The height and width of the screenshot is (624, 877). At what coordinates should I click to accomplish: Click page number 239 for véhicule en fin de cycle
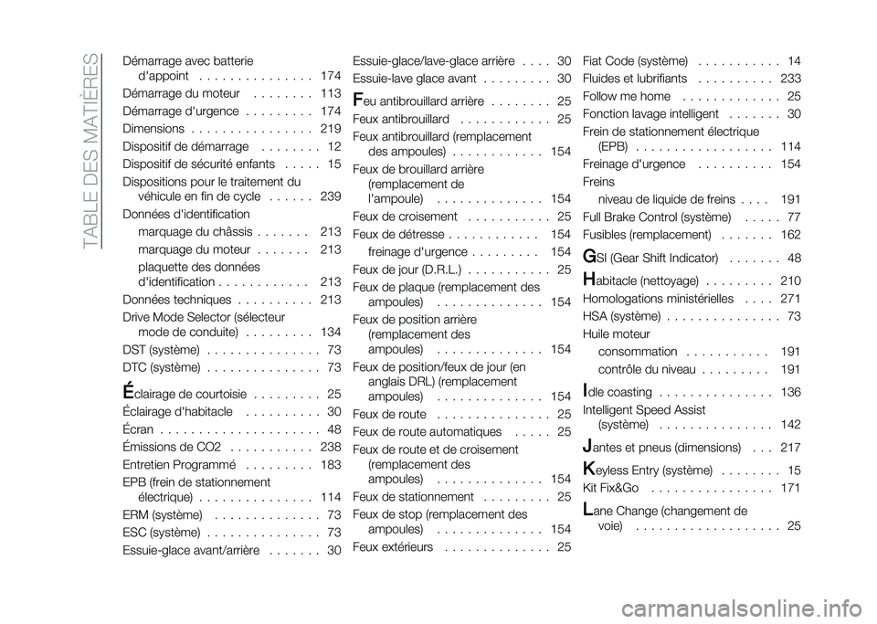[330, 197]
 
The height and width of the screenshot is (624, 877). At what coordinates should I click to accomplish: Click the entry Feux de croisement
[405, 217]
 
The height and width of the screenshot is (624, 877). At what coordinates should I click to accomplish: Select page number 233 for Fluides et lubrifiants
[791, 79]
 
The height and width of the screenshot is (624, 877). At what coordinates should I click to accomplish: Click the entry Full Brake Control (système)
[655, 217]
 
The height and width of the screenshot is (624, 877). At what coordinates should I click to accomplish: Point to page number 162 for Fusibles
[791, 235]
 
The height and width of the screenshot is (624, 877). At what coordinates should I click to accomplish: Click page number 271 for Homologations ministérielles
[791, 298]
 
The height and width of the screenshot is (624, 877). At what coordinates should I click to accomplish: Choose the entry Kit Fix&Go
[609, 488]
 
